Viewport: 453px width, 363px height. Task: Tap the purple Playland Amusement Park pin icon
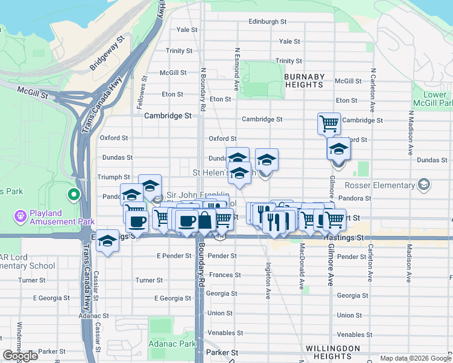(20, 215)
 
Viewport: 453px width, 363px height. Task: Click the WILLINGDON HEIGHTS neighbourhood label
(333, 353)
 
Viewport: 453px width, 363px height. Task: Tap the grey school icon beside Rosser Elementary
(424, 184)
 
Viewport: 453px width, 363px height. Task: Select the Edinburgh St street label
(267, 22)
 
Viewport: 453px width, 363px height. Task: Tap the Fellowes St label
(144, 93)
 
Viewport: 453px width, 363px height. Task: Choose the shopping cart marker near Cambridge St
(329, 123)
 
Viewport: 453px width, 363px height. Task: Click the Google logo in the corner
(20, 356)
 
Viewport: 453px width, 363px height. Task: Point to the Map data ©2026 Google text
(415, 358)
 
